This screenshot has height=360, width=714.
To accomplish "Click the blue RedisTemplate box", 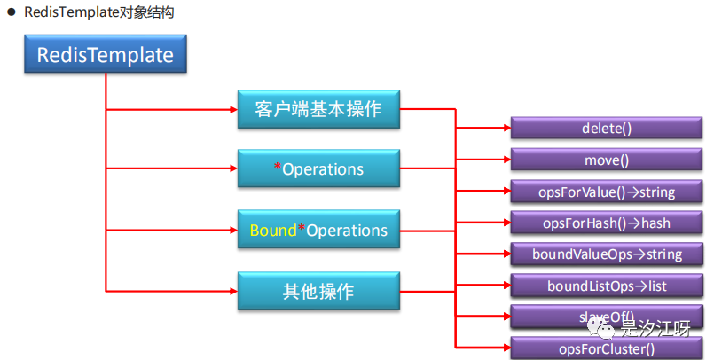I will tap(106, 55).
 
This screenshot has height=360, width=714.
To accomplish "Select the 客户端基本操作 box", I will tap(318, 109).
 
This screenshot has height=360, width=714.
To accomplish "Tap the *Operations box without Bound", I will tap(318, 168).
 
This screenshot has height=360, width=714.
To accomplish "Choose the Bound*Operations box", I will tap(318, 230).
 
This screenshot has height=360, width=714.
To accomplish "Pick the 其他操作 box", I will tap(318, 289).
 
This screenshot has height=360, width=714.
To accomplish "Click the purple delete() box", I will tap(606, 128).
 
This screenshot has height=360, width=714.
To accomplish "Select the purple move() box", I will tap(606, 160).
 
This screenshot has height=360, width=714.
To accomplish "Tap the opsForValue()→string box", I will tap(606, 191).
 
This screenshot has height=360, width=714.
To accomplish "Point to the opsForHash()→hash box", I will tap(606, 222).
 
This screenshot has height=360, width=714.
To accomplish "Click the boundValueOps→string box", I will tap(606, 254).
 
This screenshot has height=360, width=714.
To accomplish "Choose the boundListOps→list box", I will tap(606, 286).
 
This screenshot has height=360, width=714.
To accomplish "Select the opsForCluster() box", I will tap(606, 348).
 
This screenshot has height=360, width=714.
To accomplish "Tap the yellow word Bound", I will tap(272, 231).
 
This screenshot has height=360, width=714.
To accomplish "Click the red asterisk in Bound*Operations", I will tap(301, 229).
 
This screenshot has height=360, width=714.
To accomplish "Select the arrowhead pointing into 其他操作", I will tap(232, 290).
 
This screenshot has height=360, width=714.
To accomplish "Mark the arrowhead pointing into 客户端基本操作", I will tap(232, 110).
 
